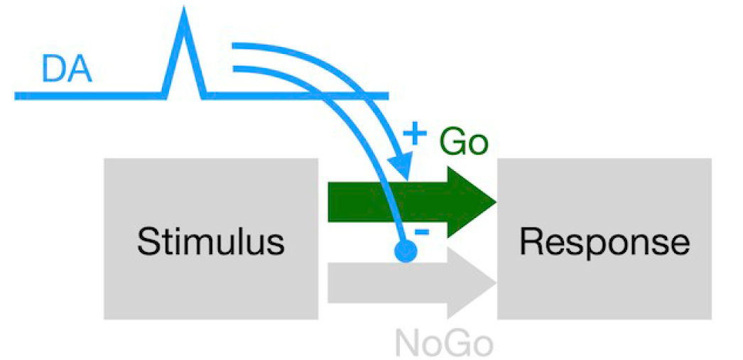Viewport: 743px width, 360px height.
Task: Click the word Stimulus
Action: click(x=211, y=241)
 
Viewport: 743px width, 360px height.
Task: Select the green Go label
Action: click(x=464, y=142)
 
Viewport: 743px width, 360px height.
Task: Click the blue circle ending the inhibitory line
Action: click(x=405, y=251)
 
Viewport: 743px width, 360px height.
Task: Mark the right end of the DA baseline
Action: click(x=387, y=94)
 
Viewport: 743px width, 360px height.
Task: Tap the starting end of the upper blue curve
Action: click(x=235, y=46)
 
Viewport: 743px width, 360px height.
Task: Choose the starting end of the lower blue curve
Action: click(x=235, y=69)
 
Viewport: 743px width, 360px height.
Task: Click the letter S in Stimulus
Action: click(x=147, y=241)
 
